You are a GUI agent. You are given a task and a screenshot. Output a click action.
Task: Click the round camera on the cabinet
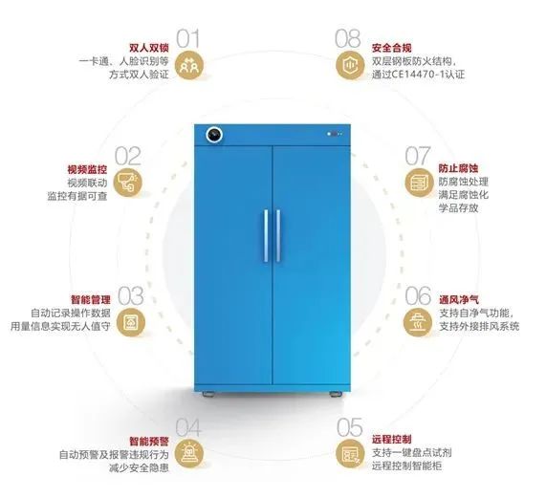214,135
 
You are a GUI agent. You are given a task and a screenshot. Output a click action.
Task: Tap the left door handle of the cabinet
266,235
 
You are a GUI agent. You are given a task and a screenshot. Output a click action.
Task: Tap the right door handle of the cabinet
278,235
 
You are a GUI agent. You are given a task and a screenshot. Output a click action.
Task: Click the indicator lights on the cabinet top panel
335,134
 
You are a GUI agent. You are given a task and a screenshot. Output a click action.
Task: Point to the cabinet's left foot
208,394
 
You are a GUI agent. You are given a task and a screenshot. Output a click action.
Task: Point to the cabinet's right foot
336,394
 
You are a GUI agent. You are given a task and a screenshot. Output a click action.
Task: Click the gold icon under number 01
189,65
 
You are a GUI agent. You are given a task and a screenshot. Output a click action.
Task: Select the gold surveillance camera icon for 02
128,183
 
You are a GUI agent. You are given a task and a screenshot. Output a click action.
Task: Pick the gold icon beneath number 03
131,323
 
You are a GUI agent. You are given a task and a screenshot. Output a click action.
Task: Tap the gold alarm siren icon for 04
188,453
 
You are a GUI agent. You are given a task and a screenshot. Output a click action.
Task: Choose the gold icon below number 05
350,453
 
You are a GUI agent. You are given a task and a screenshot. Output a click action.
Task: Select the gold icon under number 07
419,183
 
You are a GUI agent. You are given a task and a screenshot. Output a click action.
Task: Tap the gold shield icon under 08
350,65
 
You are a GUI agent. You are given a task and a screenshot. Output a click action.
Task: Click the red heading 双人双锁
149,48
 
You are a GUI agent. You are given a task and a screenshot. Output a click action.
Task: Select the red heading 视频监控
87,169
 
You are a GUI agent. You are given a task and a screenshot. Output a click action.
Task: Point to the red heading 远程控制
392,439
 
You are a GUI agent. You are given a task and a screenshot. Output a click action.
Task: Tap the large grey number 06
418,296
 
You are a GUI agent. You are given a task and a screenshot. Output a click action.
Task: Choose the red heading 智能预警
149,442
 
